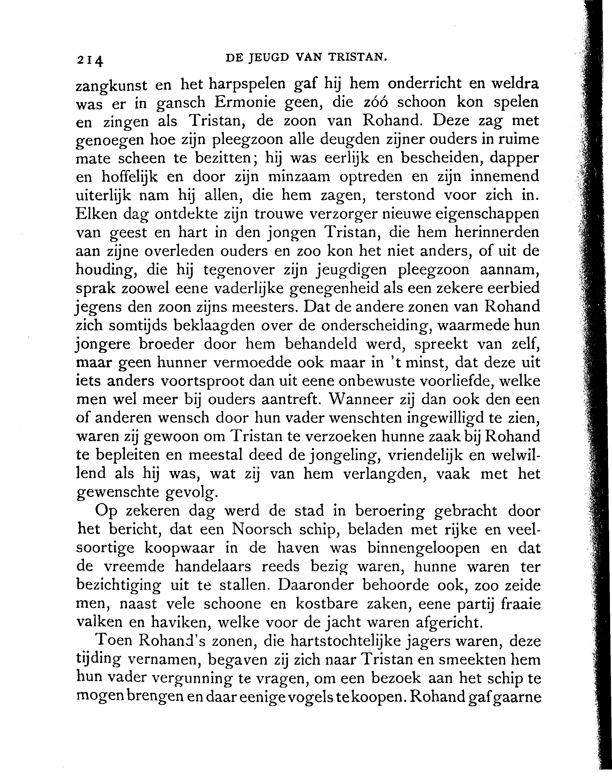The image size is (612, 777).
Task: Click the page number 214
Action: pos(89,60)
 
